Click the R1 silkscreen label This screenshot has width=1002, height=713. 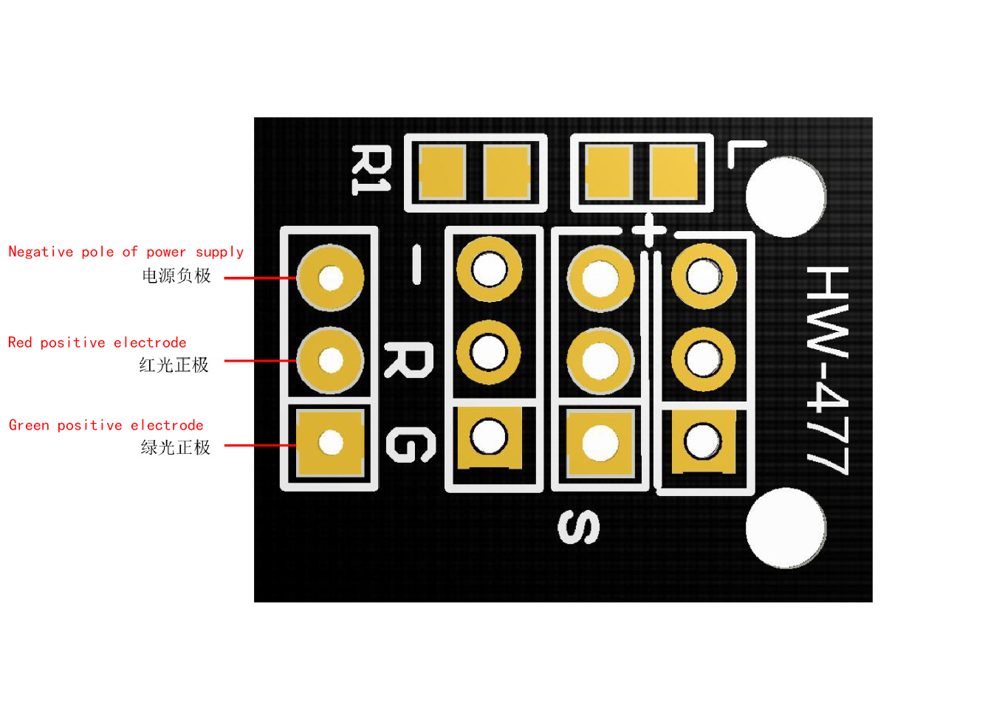[371, 170]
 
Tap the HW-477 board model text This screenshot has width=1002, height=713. [827, 371]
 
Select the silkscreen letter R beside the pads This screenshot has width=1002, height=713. [409, 360]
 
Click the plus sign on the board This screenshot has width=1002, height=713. [649, 230]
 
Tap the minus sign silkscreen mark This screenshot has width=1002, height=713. [416, 265]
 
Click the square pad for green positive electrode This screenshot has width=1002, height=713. [330, 443]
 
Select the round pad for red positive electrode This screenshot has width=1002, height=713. [330, 360]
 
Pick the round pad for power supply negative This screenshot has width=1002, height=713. [330, 278]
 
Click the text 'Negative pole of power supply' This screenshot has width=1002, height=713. [126, 252]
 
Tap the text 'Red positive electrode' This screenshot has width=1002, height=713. [97, 342]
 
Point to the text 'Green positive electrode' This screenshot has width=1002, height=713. [106, 425]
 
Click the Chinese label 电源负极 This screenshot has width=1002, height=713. [176, 276]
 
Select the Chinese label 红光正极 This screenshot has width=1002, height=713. [174, 365]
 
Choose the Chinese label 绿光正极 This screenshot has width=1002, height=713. [175, 447]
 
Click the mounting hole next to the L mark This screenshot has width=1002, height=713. [786, 196]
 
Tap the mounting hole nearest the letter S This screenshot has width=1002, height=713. [786, 528]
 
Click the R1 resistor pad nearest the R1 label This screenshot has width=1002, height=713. [443, 172]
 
